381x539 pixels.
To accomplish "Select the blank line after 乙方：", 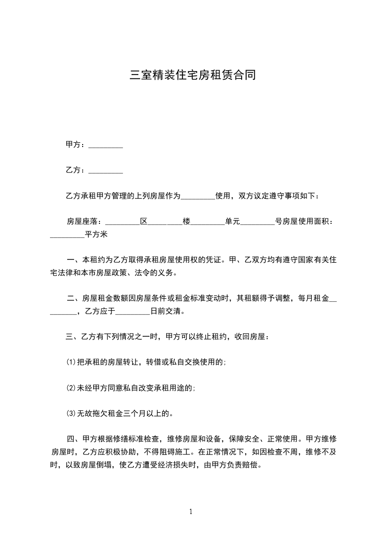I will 106,171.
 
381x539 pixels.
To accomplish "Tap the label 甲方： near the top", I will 76,145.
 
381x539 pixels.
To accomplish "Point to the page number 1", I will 191,512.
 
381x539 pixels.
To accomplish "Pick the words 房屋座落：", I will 84,221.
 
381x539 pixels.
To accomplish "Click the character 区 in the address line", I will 143,221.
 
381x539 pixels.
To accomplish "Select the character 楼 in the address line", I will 186,221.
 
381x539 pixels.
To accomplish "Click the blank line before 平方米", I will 67,235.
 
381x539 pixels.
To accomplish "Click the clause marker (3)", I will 71,413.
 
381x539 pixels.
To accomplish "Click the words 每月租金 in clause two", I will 314,298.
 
